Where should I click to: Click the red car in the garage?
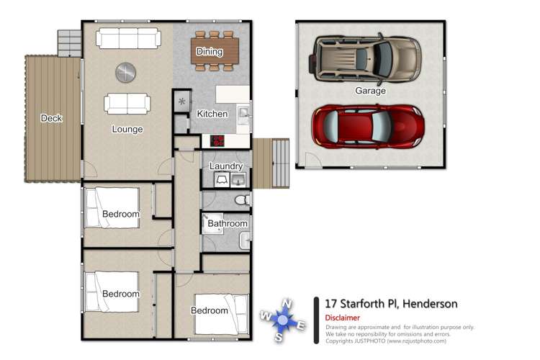(367, 126)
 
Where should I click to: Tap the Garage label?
(370, 91)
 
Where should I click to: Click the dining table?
(209, 51)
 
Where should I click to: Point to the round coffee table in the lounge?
(125, 71)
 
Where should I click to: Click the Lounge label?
(127, 130)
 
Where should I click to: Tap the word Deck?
(51, 119)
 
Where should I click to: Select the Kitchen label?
(212, 114)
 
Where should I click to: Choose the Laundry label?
(225, 166)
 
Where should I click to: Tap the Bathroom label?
(228, 223)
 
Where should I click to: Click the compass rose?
(283, 320)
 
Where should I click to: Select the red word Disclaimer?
(343, 318)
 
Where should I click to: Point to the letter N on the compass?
(287, 302)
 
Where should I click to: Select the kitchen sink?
(244, 114)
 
